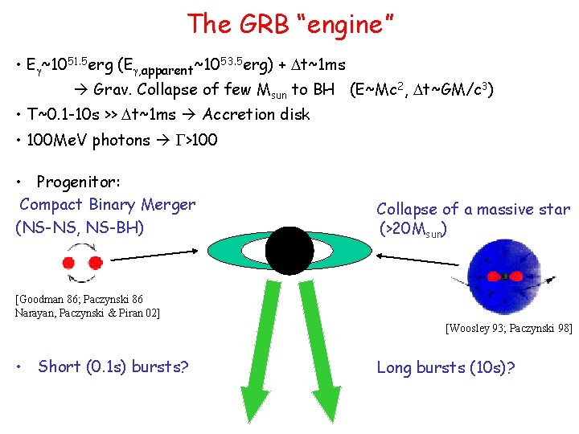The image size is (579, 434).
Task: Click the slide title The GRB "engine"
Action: pos(289,24)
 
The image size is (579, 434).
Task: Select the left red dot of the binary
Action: pos(69,262)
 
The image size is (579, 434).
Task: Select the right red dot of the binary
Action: pos(94,262)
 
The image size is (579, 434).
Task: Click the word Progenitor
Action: pos(78,182)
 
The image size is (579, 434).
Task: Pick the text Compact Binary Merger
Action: pos(107,204)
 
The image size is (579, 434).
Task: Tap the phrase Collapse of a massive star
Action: pos(473,209)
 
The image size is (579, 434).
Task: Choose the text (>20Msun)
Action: pos(413,230)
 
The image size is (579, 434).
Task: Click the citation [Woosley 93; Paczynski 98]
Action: pos(508,328)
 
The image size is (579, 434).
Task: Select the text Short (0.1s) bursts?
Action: pos(113,367)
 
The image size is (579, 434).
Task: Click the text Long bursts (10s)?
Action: pos(446,367)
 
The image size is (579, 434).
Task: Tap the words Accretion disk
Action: pos(257,114)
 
